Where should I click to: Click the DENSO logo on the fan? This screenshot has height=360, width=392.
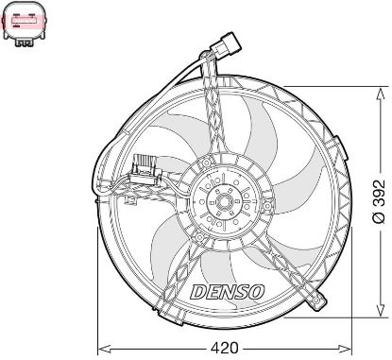tap(227, 292)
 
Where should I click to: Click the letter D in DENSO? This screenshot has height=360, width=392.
tap(197, 292)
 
